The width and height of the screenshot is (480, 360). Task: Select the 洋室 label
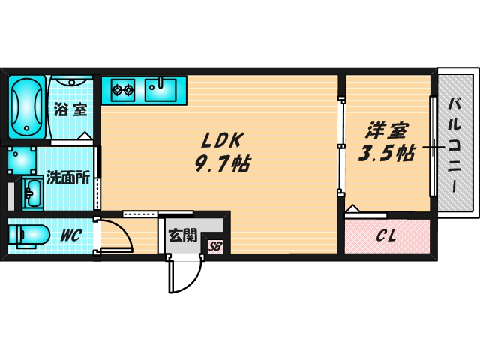pos(386,130)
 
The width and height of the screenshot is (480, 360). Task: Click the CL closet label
pos(386,236)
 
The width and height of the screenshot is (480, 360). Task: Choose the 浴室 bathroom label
pos(70,109)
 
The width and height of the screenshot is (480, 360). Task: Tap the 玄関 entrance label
pos(182,235)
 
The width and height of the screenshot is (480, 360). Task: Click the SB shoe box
pos(215,245)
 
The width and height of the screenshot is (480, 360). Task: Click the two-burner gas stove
pos(121,91)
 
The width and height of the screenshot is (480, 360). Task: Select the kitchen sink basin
pos(160,90)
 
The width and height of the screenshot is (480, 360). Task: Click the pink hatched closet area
pos(387,237)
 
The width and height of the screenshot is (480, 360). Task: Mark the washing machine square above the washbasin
pos(22,159)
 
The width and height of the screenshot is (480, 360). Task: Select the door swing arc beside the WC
pos(117,236)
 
